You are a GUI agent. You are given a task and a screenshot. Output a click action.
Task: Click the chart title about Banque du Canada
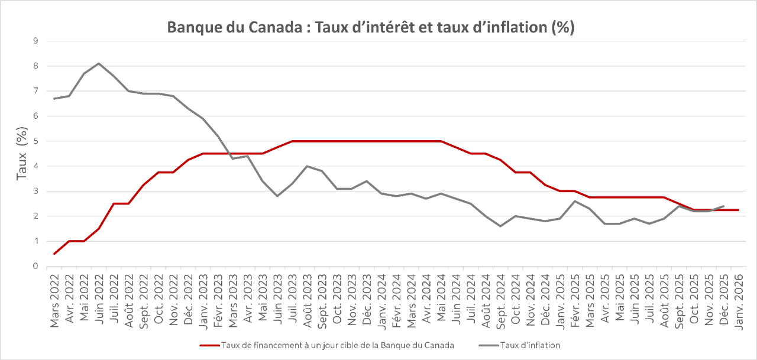pyautogui.click(x=371, y=28)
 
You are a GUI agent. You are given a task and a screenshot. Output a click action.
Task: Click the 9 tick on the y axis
pyautogui.click(x=36, y=41)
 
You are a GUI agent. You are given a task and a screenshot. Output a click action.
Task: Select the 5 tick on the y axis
pyautogui.click(x=36, y=141)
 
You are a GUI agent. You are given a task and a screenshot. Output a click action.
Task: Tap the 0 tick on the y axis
pyautogui.click(x=36, y=267)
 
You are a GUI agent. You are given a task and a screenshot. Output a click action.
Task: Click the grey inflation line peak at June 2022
pyautogui.click(x=99, y=63)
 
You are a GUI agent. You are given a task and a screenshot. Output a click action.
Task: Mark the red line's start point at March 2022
pyautogui.click(x=54, y=254)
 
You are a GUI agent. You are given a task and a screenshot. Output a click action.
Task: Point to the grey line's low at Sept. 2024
pyautogui.click(x=500, y=226)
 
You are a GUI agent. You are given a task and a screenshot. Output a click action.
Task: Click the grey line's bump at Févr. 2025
pyautogui.click(x=574, y=201)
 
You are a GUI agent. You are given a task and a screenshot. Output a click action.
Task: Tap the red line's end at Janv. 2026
pyautogui.click(x=738, y=210)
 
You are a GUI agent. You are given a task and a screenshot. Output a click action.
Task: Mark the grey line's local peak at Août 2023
pyautogui.click(x=307, y=166)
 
